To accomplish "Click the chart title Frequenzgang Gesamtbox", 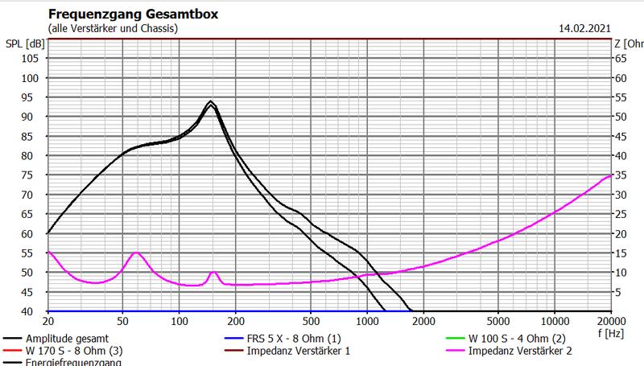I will point(133,14).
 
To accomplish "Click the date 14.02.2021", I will point(585,28).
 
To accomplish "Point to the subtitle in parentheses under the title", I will point(114,28).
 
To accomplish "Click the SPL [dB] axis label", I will point(24,43).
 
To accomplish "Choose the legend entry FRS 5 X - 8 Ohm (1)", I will point(279,339).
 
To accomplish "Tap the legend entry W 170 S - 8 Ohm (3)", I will point(66,351).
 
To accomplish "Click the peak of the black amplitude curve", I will point(211,101).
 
